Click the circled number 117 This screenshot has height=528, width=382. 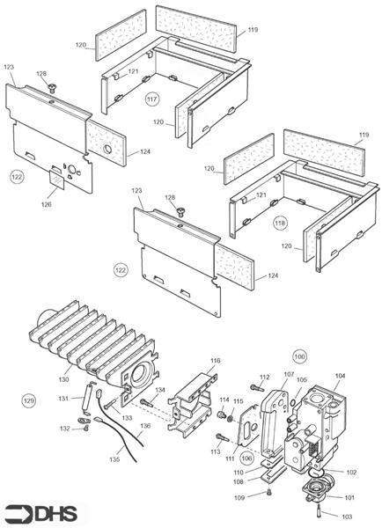(151, 99)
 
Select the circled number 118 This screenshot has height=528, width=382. (279, 222)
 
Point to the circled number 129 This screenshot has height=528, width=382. (29, 400)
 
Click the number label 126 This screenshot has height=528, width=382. (47, 204)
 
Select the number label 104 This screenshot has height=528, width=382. (340, 375)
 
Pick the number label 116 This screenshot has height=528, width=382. (215, 361)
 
